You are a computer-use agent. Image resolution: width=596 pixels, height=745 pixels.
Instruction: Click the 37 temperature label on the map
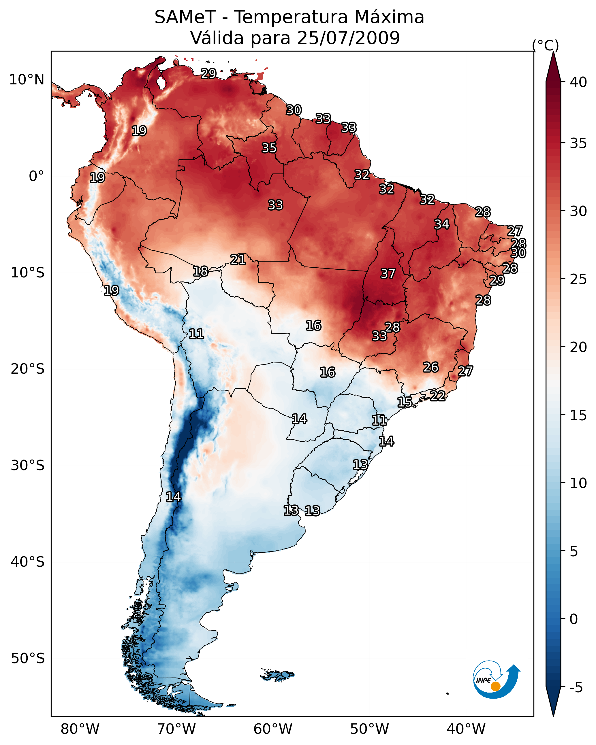pyautogui.click(x=388, y=274)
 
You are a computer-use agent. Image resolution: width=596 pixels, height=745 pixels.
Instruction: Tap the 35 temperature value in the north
pyautogui.click(x=269, y=148)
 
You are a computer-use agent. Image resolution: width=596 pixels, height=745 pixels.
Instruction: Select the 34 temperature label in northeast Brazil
pyautogui.click(x=442, y=224)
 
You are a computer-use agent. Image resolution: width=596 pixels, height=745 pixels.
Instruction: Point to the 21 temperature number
pyautogui.click(x=238, y=260)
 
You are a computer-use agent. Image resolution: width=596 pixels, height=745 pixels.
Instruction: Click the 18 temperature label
pyautogui.click(x=200, y=271)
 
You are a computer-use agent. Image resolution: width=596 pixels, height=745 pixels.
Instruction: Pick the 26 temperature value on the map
pyautogui.click(x=431, y=367)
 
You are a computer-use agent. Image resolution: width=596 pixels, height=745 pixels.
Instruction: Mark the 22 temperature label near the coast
pyautogui.click(x=438, y=396)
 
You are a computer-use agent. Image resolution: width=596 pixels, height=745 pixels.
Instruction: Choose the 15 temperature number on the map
pyautogui.click(x=404, y=402)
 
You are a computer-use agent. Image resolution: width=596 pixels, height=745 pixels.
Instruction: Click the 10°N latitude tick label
pyautogui.click(x=27, y=80)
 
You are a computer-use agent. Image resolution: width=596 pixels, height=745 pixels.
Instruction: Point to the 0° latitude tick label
pyautogui.click(x=36, y=176)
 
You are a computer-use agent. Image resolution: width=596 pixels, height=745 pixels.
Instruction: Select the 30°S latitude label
pyautogui.click(x=27, y=466)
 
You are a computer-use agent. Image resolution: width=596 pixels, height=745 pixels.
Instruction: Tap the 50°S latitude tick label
pyautogui.click(x=27, y=659)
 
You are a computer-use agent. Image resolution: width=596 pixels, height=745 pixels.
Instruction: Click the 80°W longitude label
pyautogui.click(x=80, y=729)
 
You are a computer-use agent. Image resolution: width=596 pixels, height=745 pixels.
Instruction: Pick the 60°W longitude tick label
pyautogui.click(x=273, y=729)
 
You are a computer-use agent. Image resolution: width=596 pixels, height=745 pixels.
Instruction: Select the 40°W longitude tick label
pyautogui.click(x=466, y=729)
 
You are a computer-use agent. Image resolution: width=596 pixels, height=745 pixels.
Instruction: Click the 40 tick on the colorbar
pyautogui.click(x=578, y=82)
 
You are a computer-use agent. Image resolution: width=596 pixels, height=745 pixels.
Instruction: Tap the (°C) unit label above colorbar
pyautogui.click(x=545, y=45)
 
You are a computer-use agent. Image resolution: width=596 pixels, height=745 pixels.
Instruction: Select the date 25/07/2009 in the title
pyautogui.click(x=348, y=38)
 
